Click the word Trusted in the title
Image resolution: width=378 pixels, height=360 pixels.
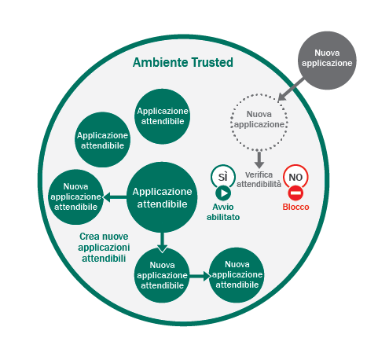[x=212, y=62]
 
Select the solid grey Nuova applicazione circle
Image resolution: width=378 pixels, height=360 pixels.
[x=327, y=61]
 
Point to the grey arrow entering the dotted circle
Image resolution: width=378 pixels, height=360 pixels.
[x=290, y=89]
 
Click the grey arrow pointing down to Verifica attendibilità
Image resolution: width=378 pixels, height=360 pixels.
[x=259, y=160]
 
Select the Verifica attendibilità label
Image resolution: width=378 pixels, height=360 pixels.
[x=259, y=179]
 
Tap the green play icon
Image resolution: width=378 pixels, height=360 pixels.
[x=223, y=193]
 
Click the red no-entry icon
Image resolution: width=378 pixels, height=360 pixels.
[x=295, y=193]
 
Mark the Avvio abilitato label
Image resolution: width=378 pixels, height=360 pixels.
[x=223, y=212]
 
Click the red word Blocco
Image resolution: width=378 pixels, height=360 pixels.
[x=295, y=207]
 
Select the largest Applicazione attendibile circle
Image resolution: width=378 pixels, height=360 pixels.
[x=162, y=197]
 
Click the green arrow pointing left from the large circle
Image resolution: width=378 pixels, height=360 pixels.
[x=115, y=197]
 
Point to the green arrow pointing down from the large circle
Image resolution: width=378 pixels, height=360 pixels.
[x=162, y=243]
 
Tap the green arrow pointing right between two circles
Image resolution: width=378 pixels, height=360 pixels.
[x=200, y=276]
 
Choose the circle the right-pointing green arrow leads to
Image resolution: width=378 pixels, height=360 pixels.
[x=237, y=275]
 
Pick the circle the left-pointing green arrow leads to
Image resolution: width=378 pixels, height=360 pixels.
[x=75, y=197]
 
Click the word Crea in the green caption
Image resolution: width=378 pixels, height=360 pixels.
[x=89, y=237]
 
